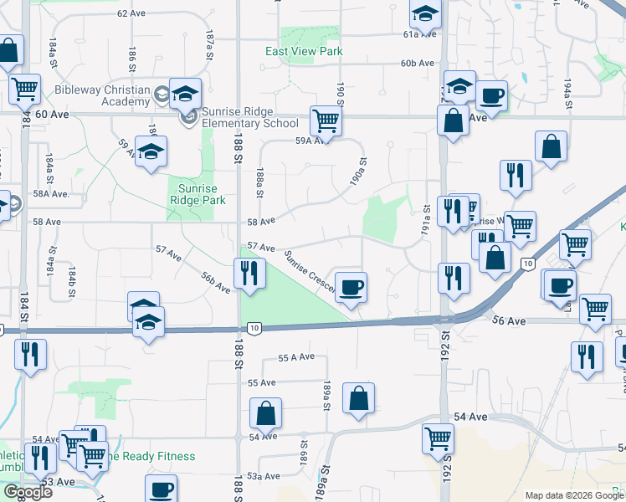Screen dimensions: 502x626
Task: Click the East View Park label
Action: (304, 51)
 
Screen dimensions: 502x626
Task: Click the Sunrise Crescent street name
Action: (309, 274)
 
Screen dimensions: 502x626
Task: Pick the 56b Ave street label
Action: (216, 282)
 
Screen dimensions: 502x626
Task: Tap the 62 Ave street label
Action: (131, 13)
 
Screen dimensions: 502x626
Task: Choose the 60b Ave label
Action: (417, 64)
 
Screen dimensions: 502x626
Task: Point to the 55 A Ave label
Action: (296, 357)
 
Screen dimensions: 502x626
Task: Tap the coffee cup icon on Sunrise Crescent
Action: (351, 287)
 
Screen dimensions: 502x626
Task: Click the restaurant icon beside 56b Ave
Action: (249, 273)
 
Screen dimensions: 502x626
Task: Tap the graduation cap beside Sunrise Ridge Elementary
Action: (186, 93)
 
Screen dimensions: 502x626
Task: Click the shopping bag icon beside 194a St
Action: (552, 148)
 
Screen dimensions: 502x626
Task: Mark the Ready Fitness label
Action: (151, 456)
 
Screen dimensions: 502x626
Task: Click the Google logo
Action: (28, 492)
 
